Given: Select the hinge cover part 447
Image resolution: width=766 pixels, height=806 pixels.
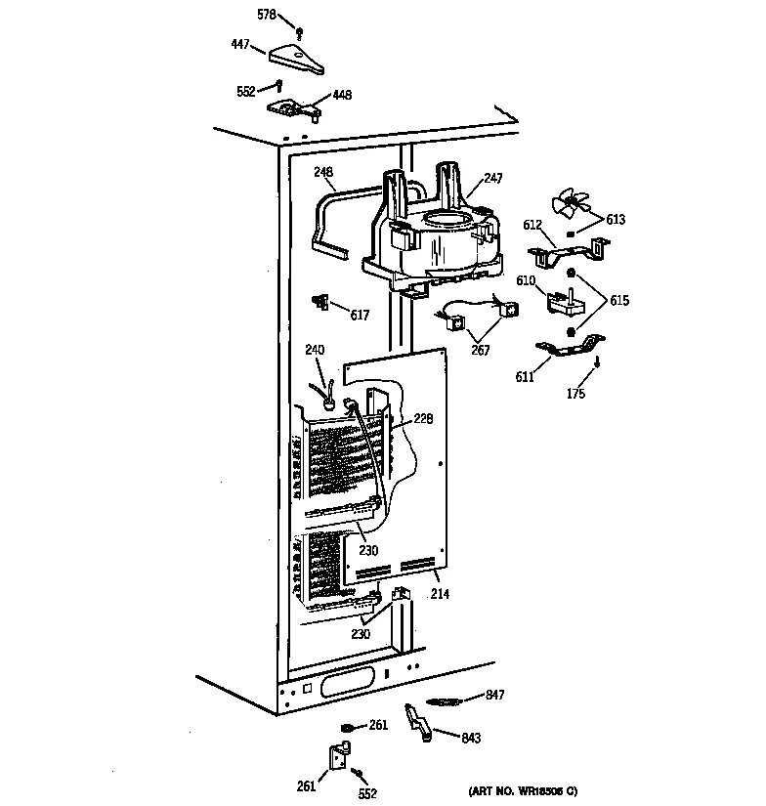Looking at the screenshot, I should [x=297, y=58].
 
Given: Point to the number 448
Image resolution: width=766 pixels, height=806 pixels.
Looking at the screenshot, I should [x=342, y=95].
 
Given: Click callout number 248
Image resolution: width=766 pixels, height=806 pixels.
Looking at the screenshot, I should [x=323, y=172].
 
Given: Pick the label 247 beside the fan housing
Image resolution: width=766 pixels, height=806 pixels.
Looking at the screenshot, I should [x=493, y=179].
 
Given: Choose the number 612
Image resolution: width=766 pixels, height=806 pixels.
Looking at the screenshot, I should [x=532, y=226].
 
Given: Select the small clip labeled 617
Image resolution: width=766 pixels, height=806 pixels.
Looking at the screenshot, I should [x=319, y=302].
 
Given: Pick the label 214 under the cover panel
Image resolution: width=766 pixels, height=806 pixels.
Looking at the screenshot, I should [x=440, y=593].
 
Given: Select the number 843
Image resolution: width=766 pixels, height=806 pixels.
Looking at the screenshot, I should [x=471, y=739].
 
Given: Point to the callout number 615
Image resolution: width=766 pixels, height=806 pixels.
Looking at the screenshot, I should [x=618, y=301].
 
